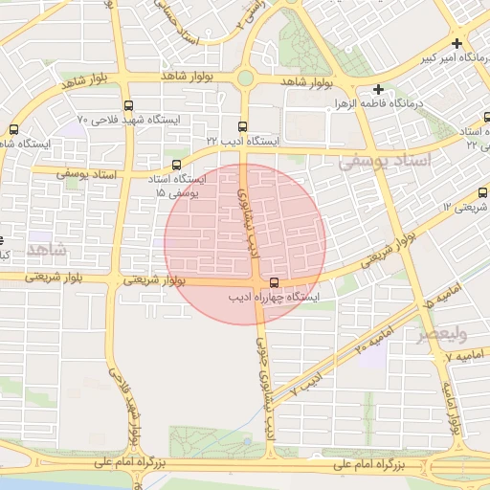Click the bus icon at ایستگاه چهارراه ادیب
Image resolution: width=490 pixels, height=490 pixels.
click(x=275, y=283)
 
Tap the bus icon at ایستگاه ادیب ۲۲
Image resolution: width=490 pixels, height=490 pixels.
click(x=241, y=126)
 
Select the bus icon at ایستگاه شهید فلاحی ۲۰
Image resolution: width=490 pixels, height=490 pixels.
click(x=129, y=106)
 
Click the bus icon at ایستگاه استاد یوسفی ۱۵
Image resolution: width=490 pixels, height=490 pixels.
click(x=175, y=166)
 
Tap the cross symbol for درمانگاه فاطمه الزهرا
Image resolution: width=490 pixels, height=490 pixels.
click(x=379, y=88)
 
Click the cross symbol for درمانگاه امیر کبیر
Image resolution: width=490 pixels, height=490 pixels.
click(x=457, y=43)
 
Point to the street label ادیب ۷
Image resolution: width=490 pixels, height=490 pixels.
click(x=301, y=387)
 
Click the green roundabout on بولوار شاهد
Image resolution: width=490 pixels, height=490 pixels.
click(x=245, y=78)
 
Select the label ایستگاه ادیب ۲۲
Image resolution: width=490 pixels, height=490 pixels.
click(x=244, y=140)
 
